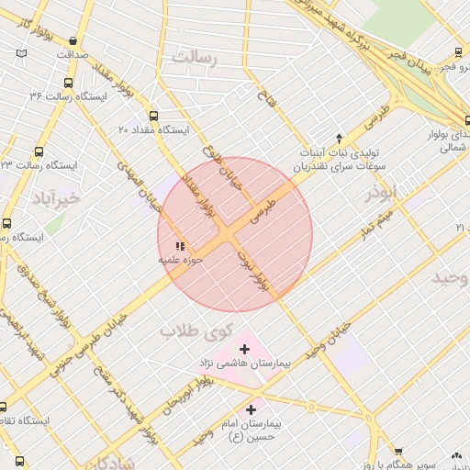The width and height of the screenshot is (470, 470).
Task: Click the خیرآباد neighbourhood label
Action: pyautogui.click(x=56, y=197)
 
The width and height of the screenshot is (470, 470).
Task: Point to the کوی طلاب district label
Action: pyautogui.click(x=197, y=330)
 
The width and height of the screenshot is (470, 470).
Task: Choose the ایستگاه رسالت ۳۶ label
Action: pyautogui.click(x=68, y=95)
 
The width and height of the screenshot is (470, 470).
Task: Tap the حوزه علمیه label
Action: pyautogui.click(x=181, y=260)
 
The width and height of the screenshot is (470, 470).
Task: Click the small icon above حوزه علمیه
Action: pyautogui.click(x=180, y=246)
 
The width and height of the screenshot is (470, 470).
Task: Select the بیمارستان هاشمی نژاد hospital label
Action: pyautogui.click(x=243, y=364)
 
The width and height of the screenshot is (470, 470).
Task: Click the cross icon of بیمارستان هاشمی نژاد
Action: pyautogui.click(x=244, y=349)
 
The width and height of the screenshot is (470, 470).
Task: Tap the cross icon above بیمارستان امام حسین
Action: pyautogui.click(x=251, y=409)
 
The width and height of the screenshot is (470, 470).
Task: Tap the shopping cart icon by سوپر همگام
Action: pyautogui.click(x=397, y=451)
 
